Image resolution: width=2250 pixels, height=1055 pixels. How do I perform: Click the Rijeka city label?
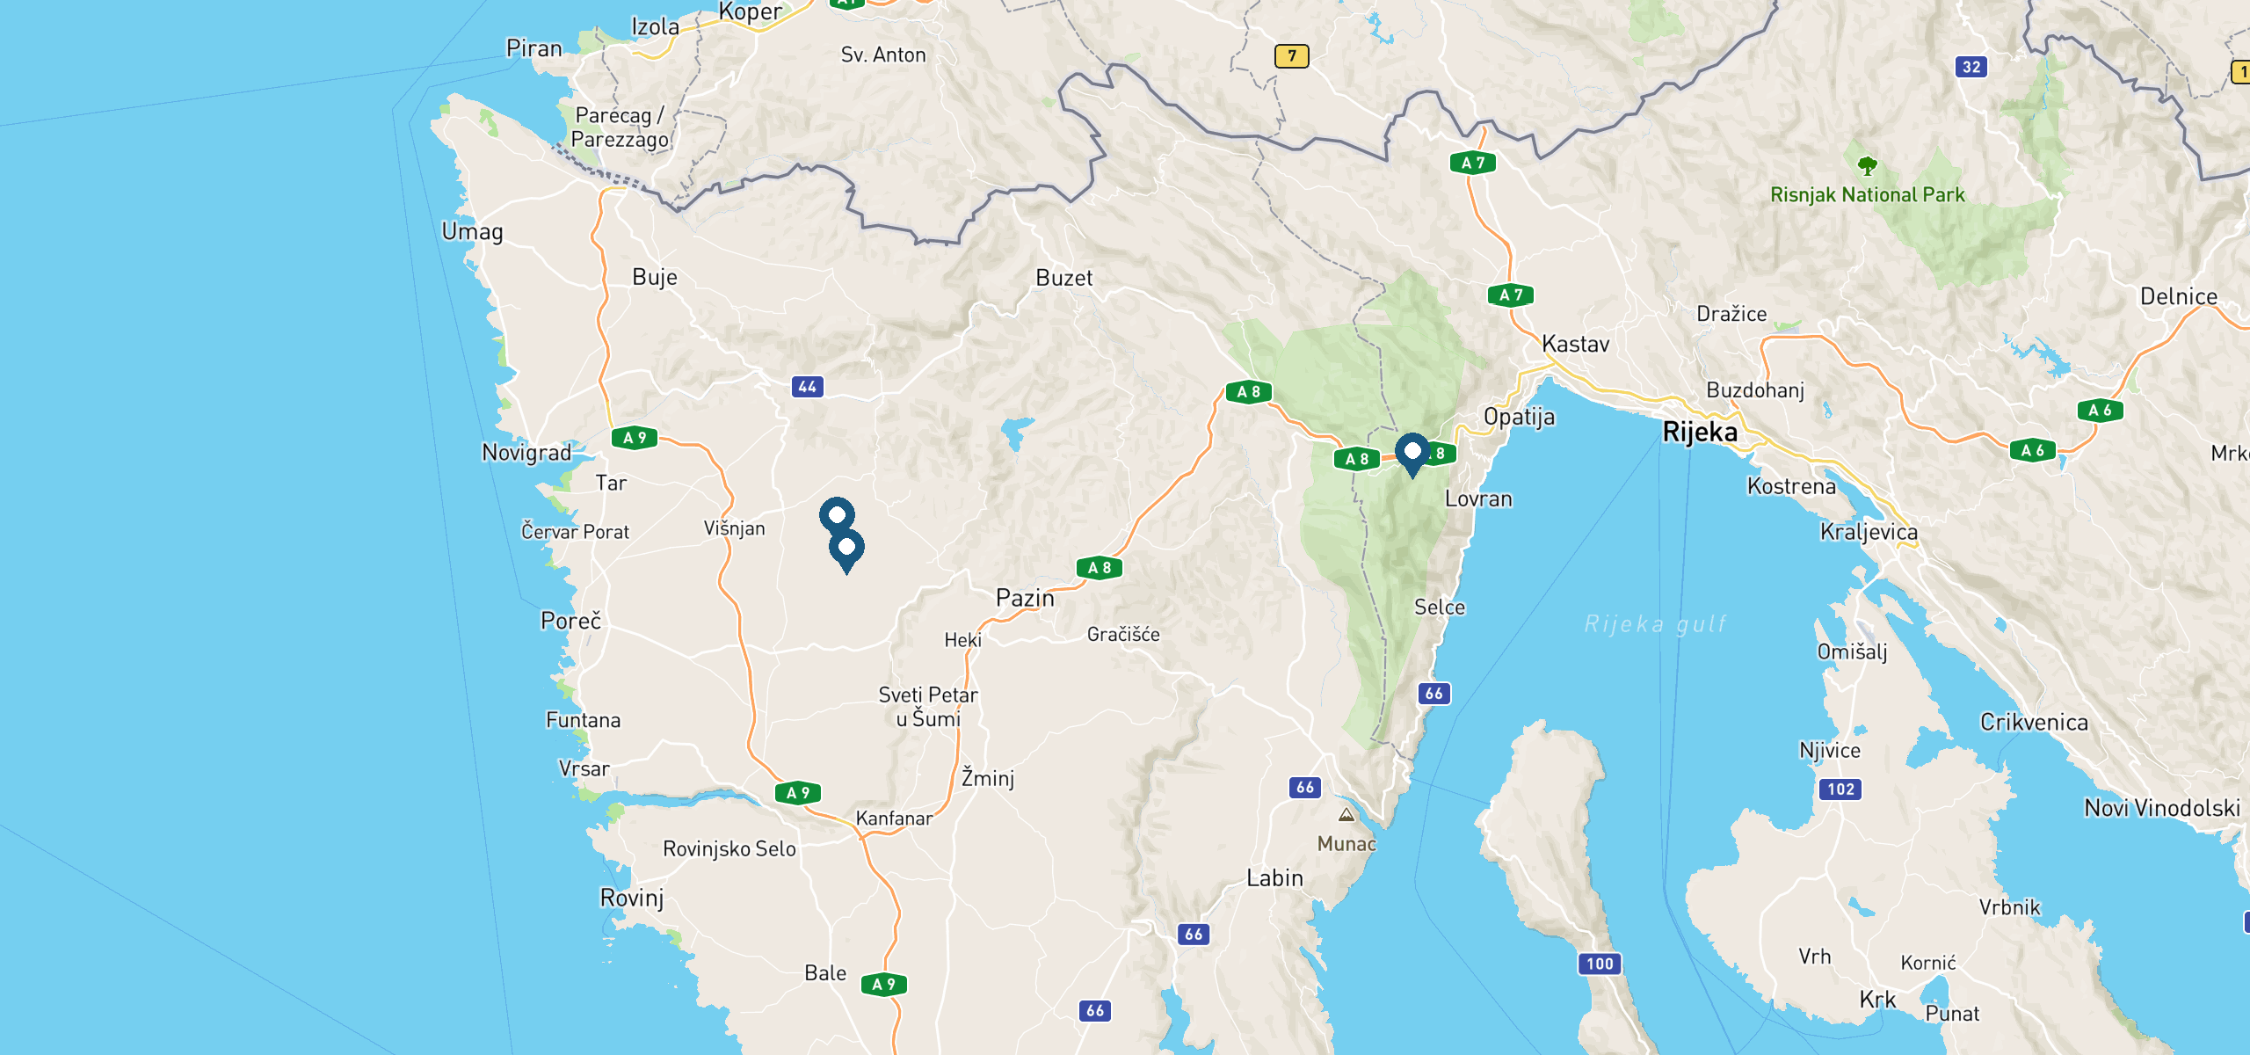coord(1700,432)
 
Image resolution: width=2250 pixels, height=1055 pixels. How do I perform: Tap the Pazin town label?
coord(1025,598)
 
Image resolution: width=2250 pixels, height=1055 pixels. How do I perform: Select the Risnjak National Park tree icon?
coord(1868,165)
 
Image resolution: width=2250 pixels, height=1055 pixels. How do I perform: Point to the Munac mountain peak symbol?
coord(1346,815)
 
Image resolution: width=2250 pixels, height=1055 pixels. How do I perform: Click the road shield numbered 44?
coord(807,386)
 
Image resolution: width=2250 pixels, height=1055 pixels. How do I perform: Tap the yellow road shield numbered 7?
coord(1291,56)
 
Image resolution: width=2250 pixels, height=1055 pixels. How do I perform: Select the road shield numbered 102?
coord(1840,789)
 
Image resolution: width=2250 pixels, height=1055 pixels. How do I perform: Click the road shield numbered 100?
coord(1600,964)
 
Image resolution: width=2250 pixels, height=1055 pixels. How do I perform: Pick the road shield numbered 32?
coord(1971,67)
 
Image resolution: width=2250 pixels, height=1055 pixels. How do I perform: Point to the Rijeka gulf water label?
coord(1655,624)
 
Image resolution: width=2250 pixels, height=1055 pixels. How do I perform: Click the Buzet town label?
coord(1063,278)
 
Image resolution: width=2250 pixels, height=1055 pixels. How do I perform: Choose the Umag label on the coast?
coord(472,232)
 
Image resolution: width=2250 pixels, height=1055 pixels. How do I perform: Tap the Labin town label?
coord(1274,877)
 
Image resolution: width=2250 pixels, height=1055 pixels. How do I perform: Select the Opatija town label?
coord(1519,417)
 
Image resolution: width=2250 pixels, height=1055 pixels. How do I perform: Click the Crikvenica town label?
coord(2034,722)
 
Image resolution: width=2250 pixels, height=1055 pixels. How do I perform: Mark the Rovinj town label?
coord(632,898)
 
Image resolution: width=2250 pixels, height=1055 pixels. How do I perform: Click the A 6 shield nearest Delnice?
coord(2100,411)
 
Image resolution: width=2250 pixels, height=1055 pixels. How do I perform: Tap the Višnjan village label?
coord(734,528)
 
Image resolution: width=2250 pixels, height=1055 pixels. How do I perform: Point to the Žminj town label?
coord(988,778)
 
